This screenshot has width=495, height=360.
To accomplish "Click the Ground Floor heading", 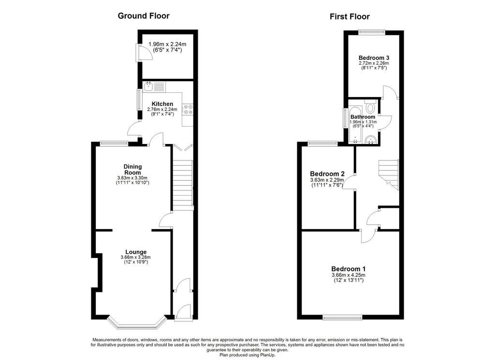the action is point(143,16).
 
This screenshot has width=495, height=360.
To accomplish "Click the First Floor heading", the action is point(349,16).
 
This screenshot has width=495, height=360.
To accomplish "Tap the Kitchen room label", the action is point(162,104).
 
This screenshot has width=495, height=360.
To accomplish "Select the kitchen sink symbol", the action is point(154,86).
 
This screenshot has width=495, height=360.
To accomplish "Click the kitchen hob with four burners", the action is point(188,110).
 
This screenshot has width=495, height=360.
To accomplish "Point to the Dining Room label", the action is point(132,170).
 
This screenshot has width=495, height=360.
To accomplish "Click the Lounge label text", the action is point(136,252).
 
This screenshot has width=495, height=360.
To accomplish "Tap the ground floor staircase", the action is point(182,185).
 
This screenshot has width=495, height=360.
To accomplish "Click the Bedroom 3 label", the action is point(374,58).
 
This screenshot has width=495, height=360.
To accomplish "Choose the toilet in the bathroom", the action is point(370,106).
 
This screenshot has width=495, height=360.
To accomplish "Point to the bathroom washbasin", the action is point(370,139).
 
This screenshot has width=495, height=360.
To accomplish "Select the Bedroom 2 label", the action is point(327,174).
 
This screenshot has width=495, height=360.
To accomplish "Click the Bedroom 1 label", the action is point(349,269).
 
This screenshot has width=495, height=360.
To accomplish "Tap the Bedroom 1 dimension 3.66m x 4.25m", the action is point(349,275).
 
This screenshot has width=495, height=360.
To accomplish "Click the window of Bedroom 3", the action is point(372,31).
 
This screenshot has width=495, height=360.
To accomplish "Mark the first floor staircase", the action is point(389,175).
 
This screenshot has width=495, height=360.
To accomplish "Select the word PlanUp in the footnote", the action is point(268,355).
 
